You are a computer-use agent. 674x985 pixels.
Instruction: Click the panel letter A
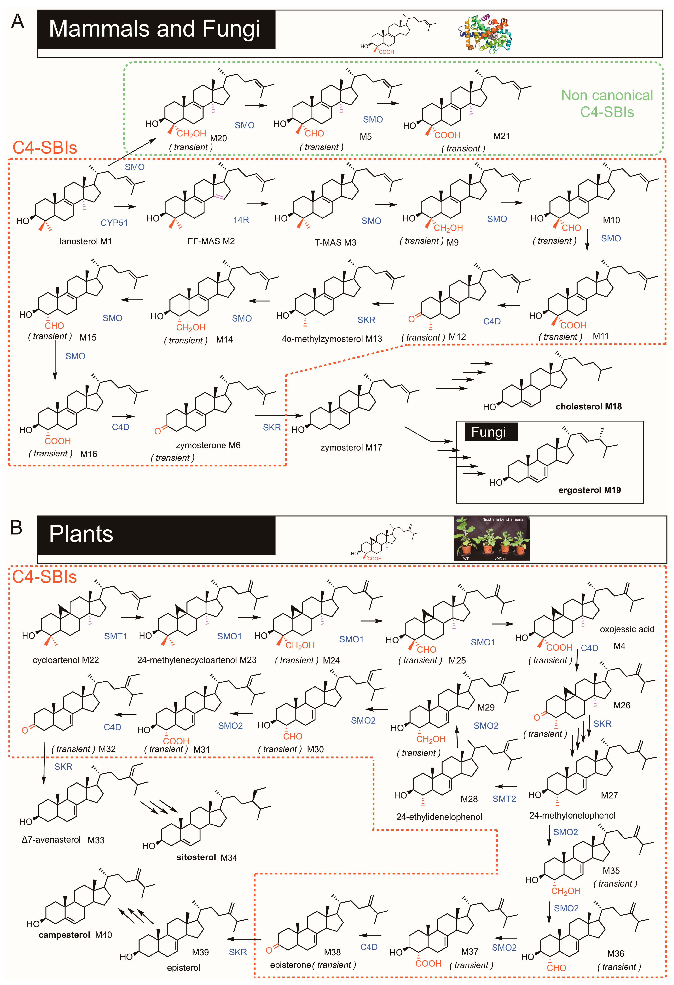point(17,21)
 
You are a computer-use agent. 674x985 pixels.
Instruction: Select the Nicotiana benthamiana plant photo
point(491,538)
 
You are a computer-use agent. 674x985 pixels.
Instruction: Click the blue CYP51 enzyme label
point(114,223)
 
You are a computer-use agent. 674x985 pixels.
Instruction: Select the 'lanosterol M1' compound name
point(86,241)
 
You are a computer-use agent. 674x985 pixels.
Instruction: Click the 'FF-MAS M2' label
point(211,241)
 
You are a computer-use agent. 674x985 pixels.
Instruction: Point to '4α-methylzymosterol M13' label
point(332,339)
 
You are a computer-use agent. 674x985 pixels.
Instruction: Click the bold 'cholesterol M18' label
point(588,406)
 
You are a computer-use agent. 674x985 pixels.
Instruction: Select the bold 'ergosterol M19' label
point(589,490)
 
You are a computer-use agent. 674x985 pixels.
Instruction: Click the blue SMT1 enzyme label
point(115,636)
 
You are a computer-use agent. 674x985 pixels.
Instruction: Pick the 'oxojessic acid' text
point(627,629)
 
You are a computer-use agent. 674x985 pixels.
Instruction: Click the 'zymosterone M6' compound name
point(208,445)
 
